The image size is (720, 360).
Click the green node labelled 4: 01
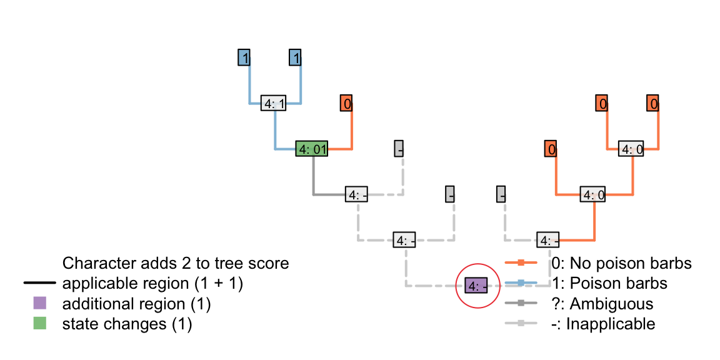pyautogui.click(x=312, y=149)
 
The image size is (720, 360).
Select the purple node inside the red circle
pyautogui.click(x=477, y=286)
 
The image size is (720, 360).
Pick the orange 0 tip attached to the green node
pyautogui.click(x=346, y=104)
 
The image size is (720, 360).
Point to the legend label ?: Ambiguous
pyautogui.click(x=602, y=304)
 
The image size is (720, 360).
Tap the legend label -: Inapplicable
pyautogui.click(x=604, y=324)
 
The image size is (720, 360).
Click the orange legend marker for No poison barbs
pyautogui.click(x=520, y=263)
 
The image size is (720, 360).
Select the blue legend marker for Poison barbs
pyautogui.click(x=520, y=283)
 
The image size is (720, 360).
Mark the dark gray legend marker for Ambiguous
pyautogui.click(x=520, y=304)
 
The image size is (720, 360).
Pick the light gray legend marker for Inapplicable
pyautogui.click(x=520, y=324)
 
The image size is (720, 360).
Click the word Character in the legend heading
pyautogui.click(x=94, y=263)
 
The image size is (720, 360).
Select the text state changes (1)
pyautogui.click(x=127, y=324)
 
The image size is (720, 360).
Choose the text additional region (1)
pyautogui.click(x=136, y=304)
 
